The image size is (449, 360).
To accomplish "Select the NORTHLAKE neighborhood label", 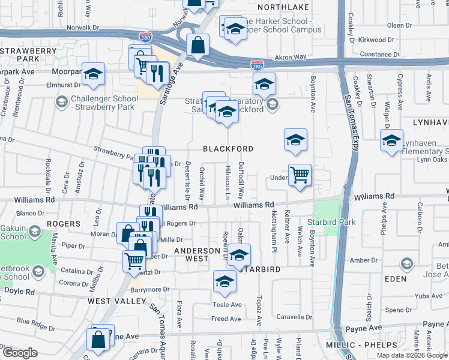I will (x=283, y=7).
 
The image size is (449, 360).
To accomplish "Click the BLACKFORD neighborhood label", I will (x=228, y=148).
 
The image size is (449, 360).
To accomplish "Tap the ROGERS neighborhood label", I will (x=64, y=224).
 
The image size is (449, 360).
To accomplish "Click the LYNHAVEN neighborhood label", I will (x=430, y=122).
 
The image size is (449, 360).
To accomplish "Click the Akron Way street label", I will (x=291, y=57).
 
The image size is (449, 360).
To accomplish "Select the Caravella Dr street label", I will (x=295, y=317).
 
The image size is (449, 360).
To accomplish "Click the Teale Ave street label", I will (x=227, y=304).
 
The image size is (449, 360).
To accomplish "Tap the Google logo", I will (x=19, y=353).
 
